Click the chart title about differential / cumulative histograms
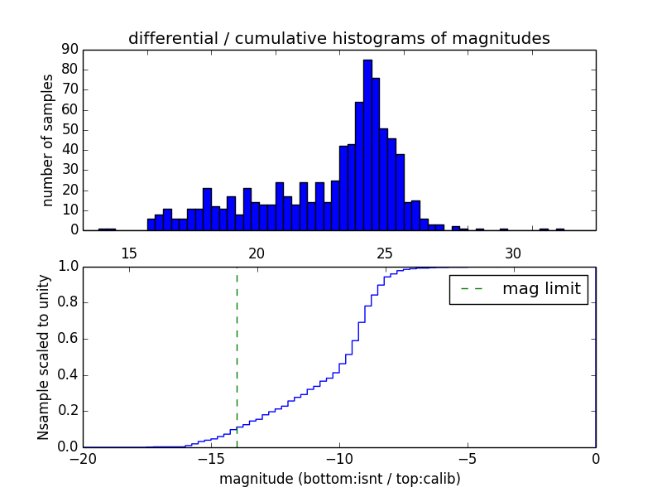pos(339,38)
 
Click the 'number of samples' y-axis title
pos(48,140)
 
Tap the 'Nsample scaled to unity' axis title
pos(43,357)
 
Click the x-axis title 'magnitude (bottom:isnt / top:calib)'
pos(339,479)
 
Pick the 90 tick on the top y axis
pos(69,50)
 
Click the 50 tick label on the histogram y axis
pos(69,130)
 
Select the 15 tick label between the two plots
pos(128,253)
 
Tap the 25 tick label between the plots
pos(385,253)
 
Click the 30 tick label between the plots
pos(513,253)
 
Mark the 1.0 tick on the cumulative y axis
pos(66,267)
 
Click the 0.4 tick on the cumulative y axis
pos(66,375)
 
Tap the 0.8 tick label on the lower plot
pos(66,303)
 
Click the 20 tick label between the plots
pos(257,253)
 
